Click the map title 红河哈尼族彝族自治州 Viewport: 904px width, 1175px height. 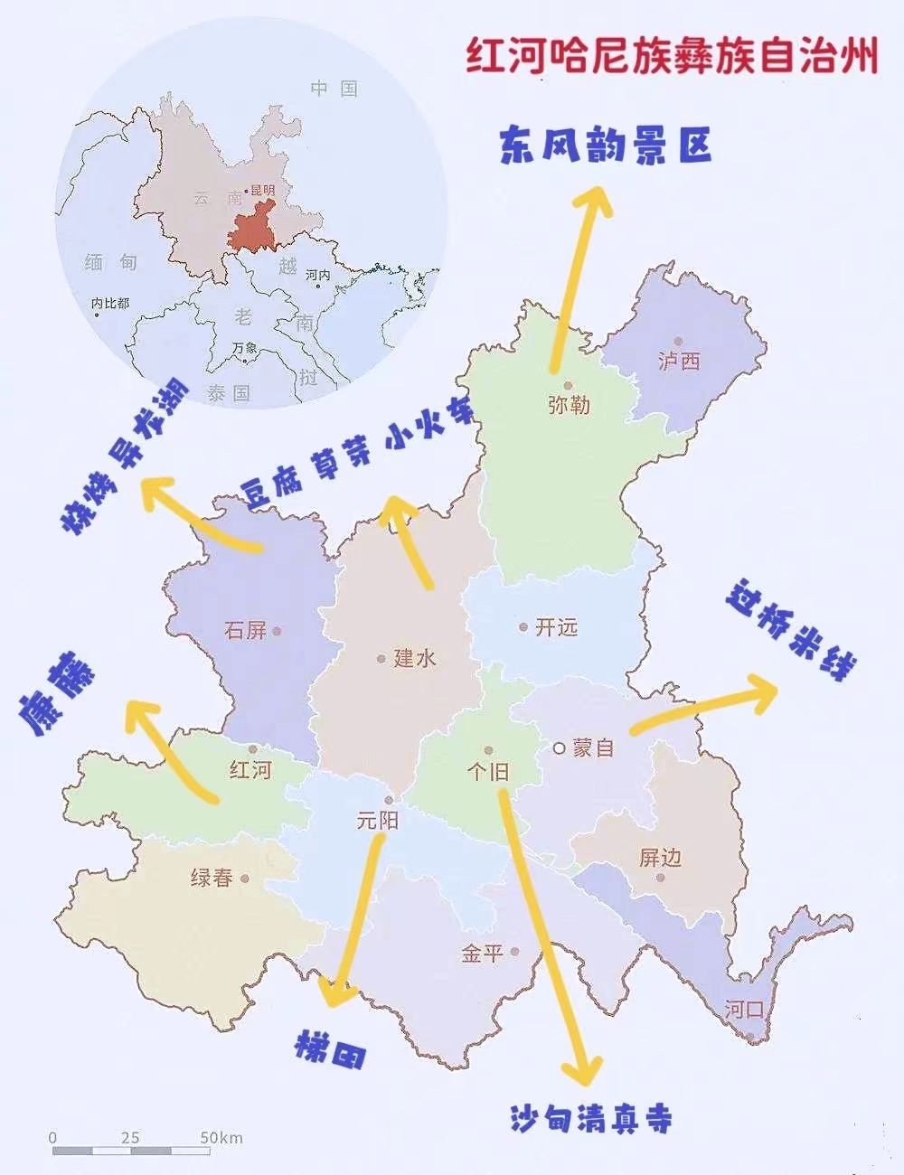click(x=672, y=55)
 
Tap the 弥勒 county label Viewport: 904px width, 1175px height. click(x=569, y=406)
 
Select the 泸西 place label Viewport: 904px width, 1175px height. click(x=679, y=362)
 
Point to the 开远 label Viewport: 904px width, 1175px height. click(x=555, y=627)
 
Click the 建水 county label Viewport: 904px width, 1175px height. click(x=415, y=658)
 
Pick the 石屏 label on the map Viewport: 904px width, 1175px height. click(x=246, y=630)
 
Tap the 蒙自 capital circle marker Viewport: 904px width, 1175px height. click(x=560, y=747)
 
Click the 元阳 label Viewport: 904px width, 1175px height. click(x=377, y=821)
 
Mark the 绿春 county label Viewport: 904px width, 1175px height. click(x=212, y=878)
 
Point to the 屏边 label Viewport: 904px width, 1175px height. click(x=660, y=858)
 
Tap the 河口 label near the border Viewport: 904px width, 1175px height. click(x=744, y=1009)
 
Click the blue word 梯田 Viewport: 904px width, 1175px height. click(x=331, y=1050)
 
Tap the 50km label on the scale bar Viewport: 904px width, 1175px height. click(x=221, y=1137)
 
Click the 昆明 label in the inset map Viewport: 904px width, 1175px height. click(x=262, y=191)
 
